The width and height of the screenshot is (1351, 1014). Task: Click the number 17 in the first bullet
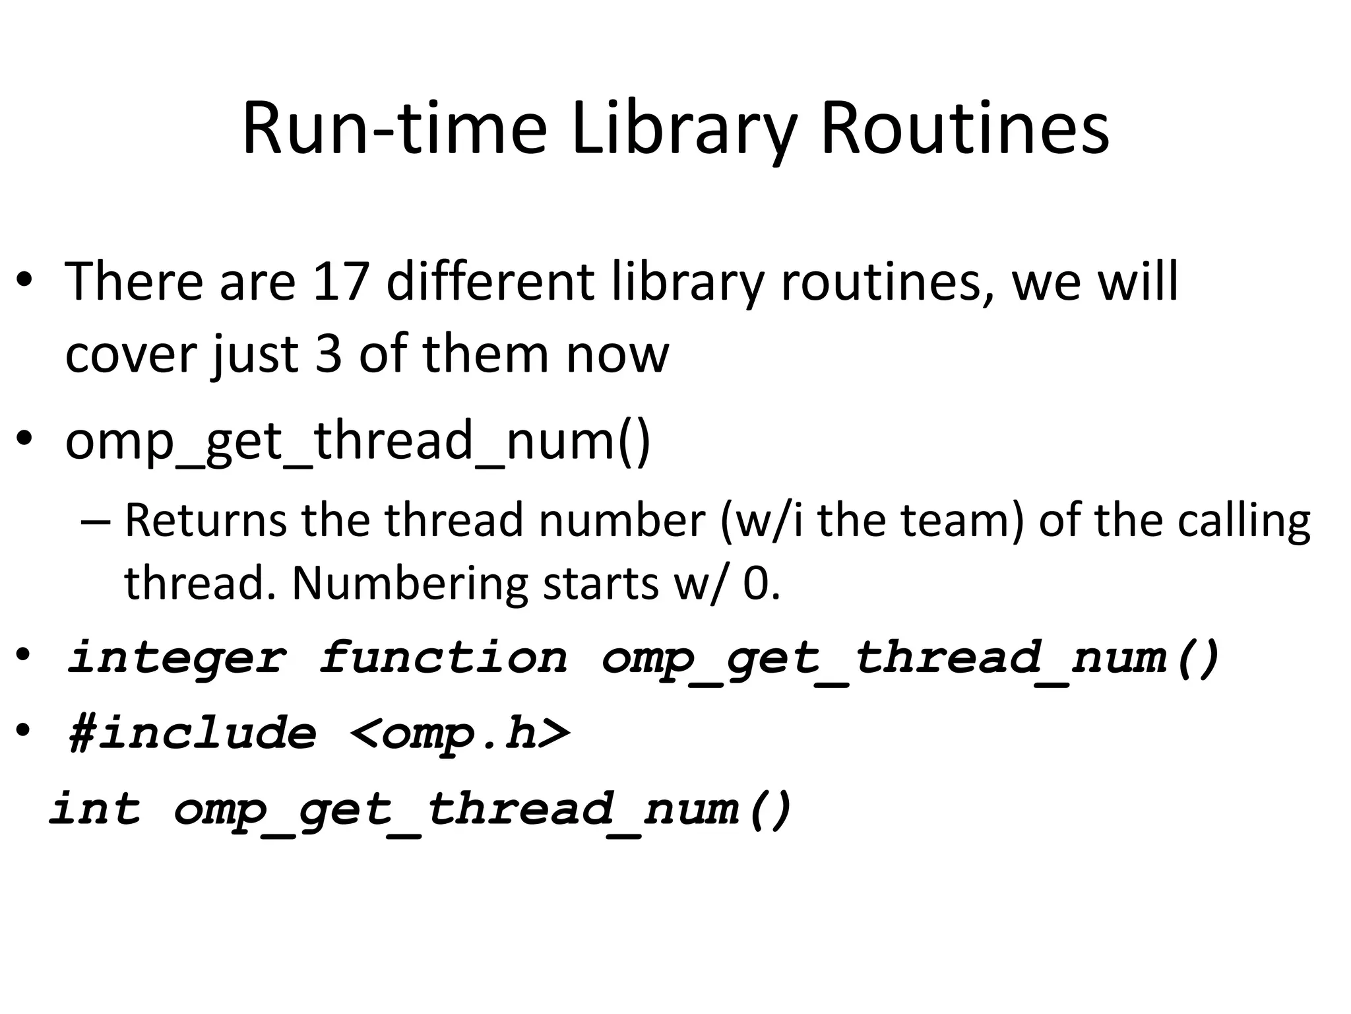pyautogui.click(x=340, y=282)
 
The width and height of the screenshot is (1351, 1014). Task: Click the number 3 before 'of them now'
pyautogui.click(x=329, y=355)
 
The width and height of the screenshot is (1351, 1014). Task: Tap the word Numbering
pyautogui.click(x=410, y=584)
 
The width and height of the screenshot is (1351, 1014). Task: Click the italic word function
pyautogui.click(x=443, y=658)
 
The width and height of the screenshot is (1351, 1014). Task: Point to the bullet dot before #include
pyautogui.click(x=24, y=731)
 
